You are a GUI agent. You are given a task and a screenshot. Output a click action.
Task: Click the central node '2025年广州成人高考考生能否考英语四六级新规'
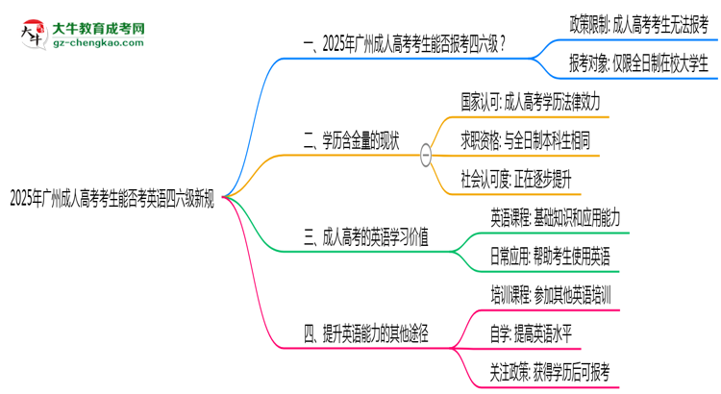[x=112, y=199]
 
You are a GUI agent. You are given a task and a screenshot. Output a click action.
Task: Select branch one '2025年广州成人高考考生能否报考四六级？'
[x=405, y=44]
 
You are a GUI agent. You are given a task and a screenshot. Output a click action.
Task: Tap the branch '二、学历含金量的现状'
[x=351, y=140]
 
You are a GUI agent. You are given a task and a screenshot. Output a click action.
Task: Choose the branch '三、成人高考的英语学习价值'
[x=366, y=237]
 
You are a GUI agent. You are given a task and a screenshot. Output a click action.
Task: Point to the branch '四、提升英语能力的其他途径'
[x=366, y=333]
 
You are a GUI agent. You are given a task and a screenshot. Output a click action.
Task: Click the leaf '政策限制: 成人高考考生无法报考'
[x=639, y=25]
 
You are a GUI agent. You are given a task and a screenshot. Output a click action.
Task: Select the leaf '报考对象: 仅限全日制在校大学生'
[x=639, y=63]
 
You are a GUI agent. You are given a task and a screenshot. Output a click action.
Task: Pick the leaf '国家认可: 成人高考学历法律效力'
[x=531, y=102]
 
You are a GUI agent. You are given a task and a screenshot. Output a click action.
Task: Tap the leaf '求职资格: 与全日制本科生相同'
[x=526, y=140]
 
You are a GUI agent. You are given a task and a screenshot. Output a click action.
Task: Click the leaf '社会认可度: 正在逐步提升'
[x=516, y=180]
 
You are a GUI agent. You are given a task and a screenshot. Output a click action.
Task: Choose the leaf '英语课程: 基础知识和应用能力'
[x=555, y=218]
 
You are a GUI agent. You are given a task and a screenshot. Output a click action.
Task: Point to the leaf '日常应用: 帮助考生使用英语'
[x=551, y=257]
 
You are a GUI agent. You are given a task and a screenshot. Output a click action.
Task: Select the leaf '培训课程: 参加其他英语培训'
[x=551, y=295]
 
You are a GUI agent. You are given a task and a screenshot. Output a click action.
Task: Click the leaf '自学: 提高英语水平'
[x=531, y=333]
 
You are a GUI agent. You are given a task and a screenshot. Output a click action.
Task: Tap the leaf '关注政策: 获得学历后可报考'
[x=550, y=373]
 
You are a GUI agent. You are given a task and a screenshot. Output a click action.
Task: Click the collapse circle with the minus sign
[x=426, y=156]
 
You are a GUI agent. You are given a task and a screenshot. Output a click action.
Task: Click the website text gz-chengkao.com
[x=98, y=42]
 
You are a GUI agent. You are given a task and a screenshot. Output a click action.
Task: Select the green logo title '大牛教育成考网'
[x=98, y=29]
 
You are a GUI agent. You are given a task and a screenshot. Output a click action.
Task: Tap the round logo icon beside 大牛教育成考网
[x=34, y=35]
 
